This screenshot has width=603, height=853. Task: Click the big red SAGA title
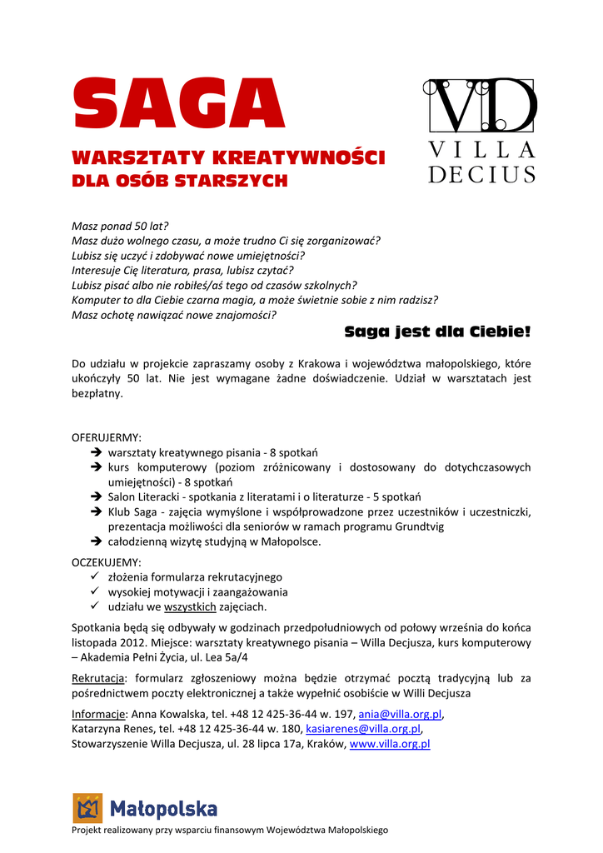[179, 105]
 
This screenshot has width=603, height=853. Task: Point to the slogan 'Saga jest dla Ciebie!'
[437, 332]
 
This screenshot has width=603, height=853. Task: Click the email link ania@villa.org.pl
[400, 714]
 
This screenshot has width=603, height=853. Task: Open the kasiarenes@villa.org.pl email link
[363, 729]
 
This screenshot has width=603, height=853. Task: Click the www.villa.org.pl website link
[390, 744]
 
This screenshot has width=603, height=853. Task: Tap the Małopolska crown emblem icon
[87, 808]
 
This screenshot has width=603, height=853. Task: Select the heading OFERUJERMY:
[107, 437]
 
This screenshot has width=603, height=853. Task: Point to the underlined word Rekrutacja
[99, 678]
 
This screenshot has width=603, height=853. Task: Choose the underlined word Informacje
[99, 714]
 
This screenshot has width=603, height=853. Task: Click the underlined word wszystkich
[190, 606]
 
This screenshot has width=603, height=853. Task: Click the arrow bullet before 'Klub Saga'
[96, 512]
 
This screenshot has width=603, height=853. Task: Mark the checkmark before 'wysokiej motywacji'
[95, 591]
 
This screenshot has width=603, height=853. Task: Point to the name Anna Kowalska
[164, 714]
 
